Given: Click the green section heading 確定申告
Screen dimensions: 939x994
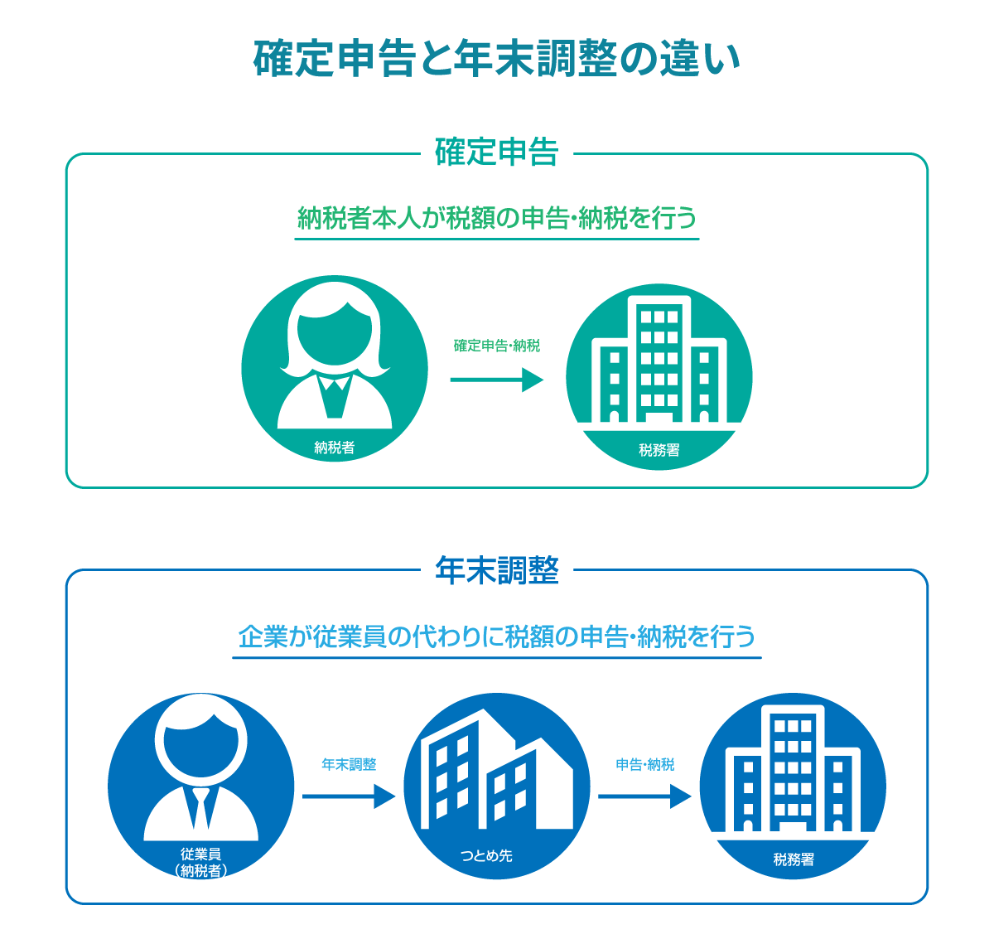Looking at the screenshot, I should tap(496, 153).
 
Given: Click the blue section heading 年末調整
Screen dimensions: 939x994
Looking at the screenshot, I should tap(496, 571).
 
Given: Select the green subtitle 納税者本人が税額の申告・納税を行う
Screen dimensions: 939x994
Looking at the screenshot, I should tap(496, 219).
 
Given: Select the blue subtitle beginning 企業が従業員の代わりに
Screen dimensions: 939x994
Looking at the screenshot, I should tap(496, 637).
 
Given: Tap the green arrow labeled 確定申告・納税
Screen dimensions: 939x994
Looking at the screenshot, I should tap(496, 380).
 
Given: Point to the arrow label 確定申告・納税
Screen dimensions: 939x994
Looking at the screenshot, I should tap(496, 346).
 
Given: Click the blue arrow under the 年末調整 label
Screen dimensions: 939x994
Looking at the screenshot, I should tap(348, 796).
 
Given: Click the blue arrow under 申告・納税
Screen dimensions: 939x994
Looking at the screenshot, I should tap(644, 796).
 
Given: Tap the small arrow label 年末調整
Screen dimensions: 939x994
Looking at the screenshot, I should tap(348, 764).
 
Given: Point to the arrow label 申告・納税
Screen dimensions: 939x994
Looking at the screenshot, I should tap(644, 764).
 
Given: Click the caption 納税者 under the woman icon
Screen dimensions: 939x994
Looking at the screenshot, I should tap(335, 448).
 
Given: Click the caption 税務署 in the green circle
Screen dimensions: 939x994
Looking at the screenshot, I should tap(659, 450).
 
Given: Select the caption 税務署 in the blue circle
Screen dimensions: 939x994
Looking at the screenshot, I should tap(793, 859).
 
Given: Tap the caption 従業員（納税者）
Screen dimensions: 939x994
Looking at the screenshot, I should tap(201, 862).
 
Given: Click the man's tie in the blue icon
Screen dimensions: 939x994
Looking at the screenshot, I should tap(200, 807).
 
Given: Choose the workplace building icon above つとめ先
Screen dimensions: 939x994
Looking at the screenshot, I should tap(495, 775).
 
